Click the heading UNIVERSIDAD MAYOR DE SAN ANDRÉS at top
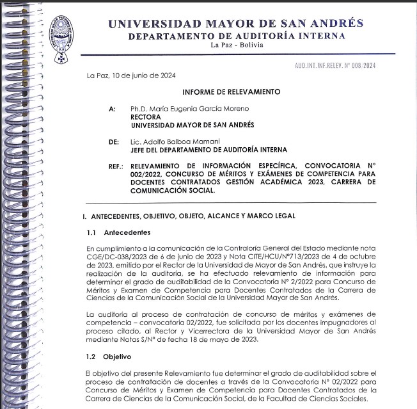click(x=235, y=24)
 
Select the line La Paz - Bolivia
click(x=236, y=45)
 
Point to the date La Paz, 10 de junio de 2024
click(x=131, y=76)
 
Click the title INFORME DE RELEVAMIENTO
click(x=232, y=92)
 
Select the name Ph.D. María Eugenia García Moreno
click(x=180, y=109)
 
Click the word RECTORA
click(x=145, y=117)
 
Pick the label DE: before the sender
click(x=114, y=141)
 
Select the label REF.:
click(x=115, y=166)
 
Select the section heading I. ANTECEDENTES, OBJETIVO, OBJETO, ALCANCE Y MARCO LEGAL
click(x=189, y=216)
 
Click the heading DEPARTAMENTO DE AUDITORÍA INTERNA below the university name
click(x=236, y=36)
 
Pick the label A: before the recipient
click(x=113, y=109)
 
